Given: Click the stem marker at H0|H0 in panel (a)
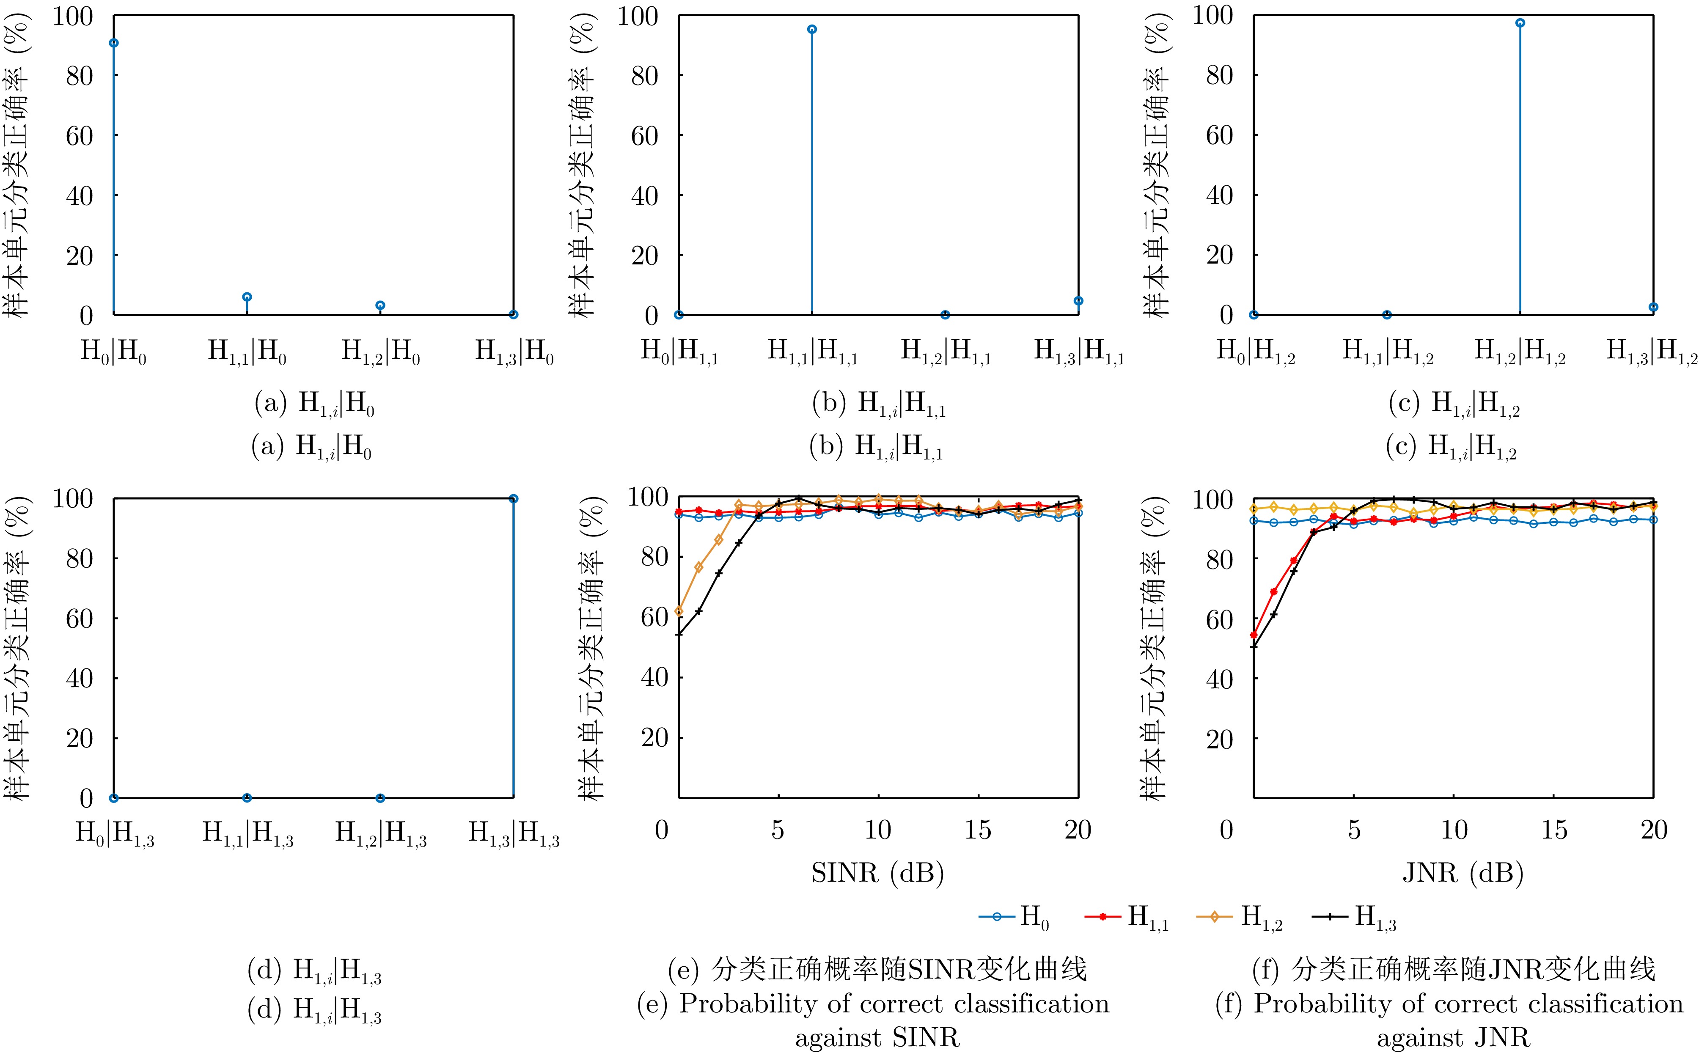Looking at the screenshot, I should (113, 43).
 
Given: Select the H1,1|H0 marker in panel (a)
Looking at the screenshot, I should (247, 297).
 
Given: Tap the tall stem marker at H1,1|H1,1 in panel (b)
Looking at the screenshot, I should (812, 29).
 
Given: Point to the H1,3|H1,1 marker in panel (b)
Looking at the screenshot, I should (1078, 301).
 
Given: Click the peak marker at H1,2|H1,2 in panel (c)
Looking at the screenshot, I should (1520, 23).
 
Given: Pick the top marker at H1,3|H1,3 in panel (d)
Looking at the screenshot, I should (513, 499).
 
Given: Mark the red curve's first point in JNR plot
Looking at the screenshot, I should (1254, 635).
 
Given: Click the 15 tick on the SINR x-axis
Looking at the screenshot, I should (978, 830).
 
